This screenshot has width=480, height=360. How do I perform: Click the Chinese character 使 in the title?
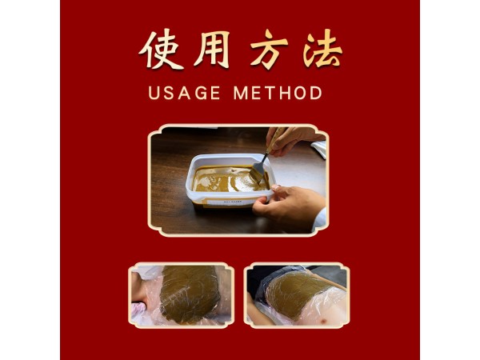(157, 50)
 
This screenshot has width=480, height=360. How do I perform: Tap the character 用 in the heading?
(210, 50)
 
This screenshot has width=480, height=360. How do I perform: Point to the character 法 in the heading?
(322, 50)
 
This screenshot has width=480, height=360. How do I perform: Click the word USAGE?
(183, 93)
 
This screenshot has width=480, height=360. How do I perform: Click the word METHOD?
(278, 93)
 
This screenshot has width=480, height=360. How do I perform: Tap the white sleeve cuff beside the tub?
(319, 218)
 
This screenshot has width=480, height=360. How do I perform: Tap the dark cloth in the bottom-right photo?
(268, 275)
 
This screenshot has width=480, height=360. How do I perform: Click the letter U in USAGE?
(154, 93)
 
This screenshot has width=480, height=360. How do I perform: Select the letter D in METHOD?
(316, 93)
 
